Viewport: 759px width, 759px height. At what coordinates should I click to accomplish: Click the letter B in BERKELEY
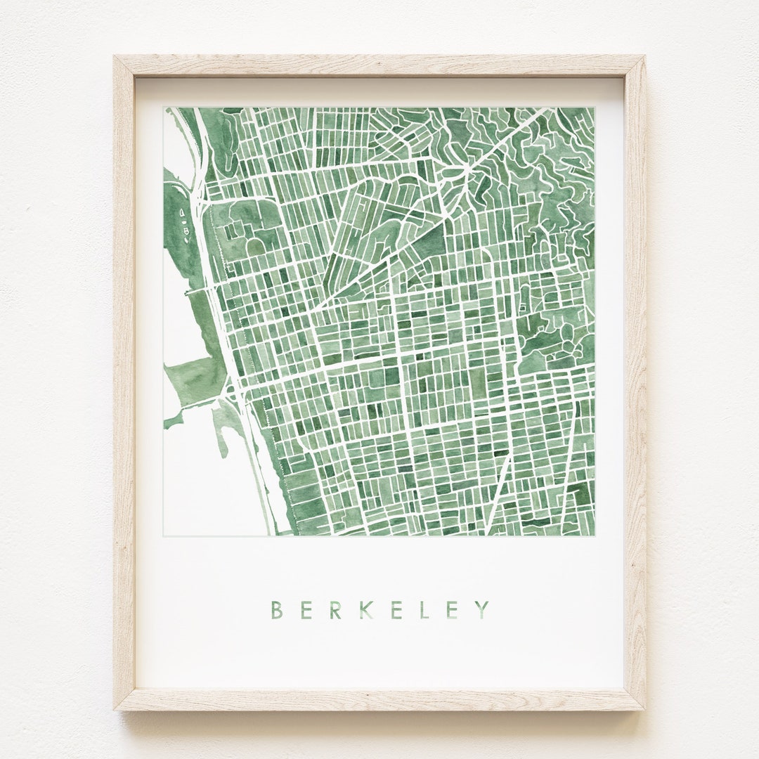point(277,609)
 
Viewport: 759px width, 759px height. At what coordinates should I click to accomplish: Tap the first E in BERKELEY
point(306,609)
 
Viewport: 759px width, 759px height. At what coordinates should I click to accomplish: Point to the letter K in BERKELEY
point(365,609)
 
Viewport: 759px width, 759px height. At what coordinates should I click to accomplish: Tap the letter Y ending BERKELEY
point(482,609)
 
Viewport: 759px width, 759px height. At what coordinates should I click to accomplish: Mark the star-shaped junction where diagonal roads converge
point(465,169)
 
